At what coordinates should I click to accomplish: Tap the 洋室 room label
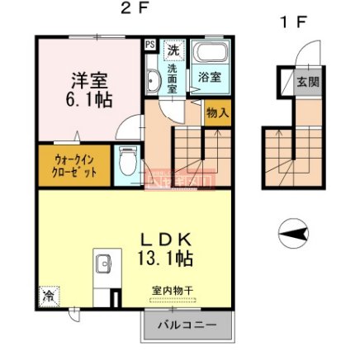(89, 81)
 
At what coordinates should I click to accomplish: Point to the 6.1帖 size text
(90, 100)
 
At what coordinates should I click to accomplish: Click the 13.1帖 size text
(165, 259)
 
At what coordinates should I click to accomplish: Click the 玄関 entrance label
(308, 82)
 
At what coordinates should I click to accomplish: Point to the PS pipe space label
(150, 45)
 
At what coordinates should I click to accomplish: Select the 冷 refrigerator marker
(47, 293)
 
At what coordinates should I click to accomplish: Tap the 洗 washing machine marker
(174, 50)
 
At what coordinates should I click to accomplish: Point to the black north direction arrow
(293, 235)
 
